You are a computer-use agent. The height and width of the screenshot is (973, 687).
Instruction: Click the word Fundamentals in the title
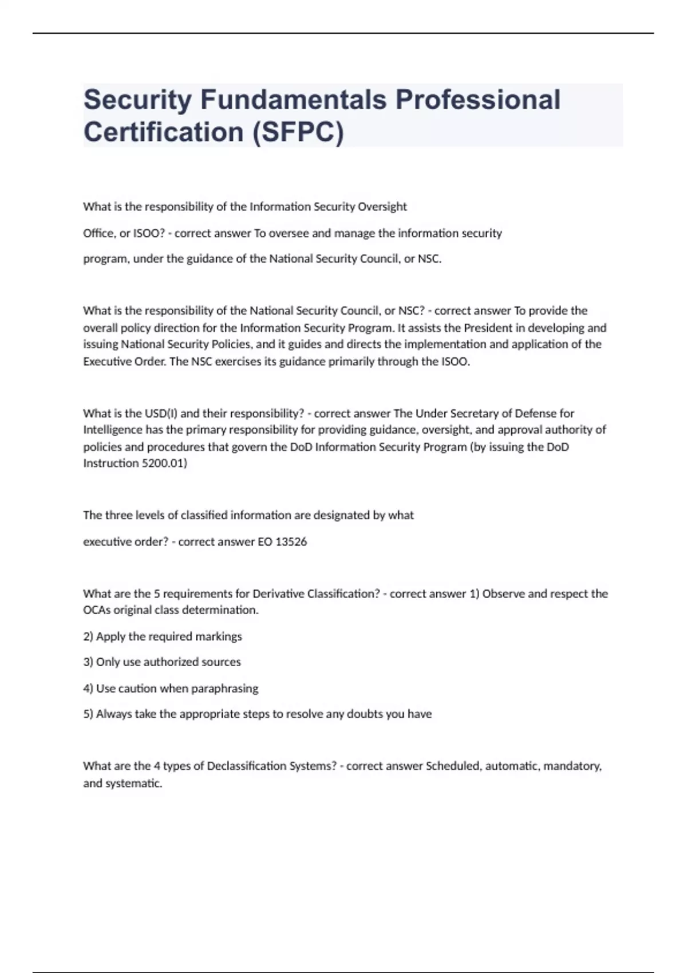pos(293,100)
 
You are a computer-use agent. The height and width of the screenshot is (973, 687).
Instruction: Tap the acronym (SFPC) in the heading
pos(298,132)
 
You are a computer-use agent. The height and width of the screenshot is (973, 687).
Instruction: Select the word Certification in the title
pos(164,132)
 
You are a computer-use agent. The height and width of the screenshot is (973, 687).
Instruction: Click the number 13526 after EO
pos(291,541)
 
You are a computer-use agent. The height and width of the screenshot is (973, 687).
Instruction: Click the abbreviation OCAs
pos(97,610)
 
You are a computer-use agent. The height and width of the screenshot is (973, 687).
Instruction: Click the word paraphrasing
pos(224,689)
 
